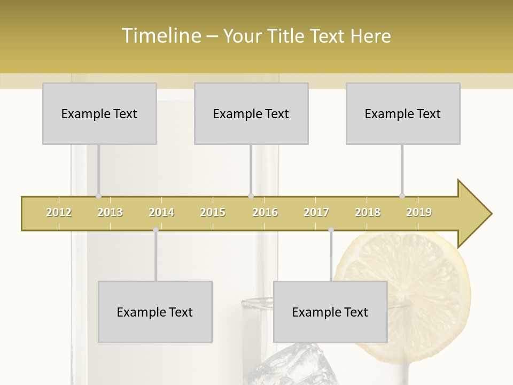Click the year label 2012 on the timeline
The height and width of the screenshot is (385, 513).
click(59, 212)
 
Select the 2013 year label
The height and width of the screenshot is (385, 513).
click(110, 212)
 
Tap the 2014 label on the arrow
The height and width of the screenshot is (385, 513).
click(161, 212)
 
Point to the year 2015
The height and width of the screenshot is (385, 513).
click(213, 212)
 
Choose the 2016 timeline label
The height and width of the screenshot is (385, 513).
click(265, 212)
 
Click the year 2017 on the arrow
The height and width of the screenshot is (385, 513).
click(316, 212)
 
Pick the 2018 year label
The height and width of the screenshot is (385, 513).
click(368, 212)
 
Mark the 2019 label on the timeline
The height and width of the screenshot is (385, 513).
click(419, 212)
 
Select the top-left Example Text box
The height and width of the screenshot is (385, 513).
click(99, 113)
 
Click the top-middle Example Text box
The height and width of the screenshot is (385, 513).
click(251, 113)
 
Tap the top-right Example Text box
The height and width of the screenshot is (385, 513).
click(403, 113)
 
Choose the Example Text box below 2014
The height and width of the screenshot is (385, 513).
click(155, 312)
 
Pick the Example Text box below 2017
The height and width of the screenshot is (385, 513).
click(330, 312)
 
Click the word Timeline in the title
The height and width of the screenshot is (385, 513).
click(160, 36)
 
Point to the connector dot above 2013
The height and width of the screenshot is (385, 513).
click(98, 196)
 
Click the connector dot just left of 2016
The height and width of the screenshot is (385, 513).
click(251, 196)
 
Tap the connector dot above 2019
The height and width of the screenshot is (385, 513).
click(402, 196)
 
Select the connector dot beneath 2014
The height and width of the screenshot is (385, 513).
click(156, 230)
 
